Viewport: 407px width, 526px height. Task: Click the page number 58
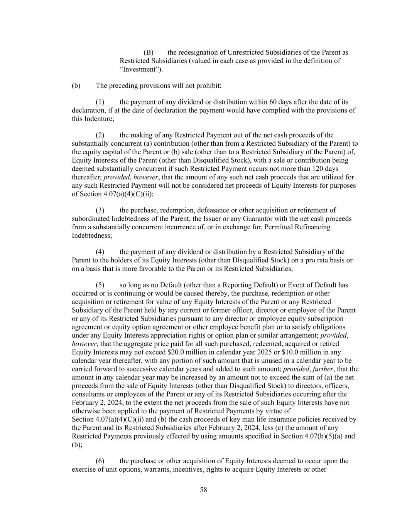coord(203,490)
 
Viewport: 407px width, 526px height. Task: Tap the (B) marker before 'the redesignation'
coord(149,52)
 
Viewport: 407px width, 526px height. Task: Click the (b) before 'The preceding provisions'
coord(76,86)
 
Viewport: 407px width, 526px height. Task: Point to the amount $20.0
coord(208,352)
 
